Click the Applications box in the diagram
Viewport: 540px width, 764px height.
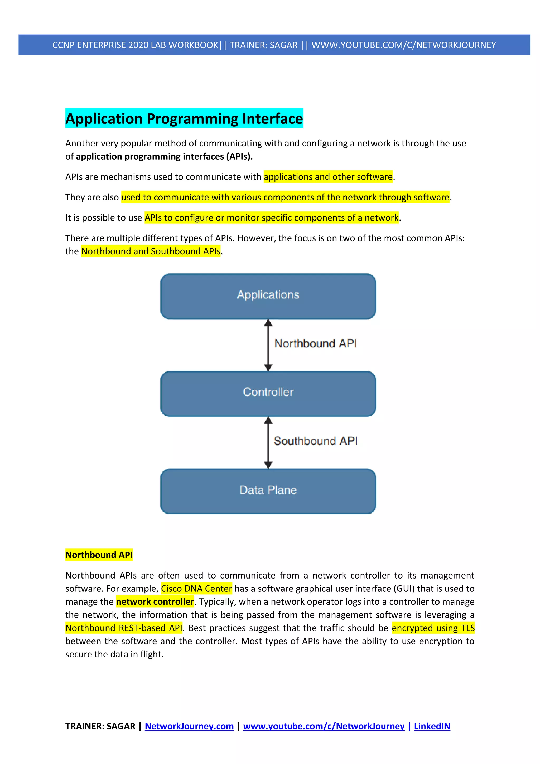(x=268, y=296)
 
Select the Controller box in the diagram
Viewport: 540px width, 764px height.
(x=268, y=394)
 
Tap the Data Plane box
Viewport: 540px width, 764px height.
(x=268, y=491)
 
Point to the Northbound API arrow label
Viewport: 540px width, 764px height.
(x=316, y=343)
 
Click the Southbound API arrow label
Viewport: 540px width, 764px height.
(x=316, y=441)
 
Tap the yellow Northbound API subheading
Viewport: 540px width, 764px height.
(x=99, y=555)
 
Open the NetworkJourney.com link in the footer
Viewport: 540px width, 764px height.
(x=189, y=726)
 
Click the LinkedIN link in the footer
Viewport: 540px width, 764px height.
(x=432, y=726)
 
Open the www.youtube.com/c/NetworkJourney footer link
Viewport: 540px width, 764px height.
(x=324, y=726)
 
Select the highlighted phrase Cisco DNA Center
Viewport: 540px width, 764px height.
(x=196, y=588)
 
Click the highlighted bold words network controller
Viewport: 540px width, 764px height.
(x=155, y=601)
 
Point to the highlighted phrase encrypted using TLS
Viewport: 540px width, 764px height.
(x=433, y=628)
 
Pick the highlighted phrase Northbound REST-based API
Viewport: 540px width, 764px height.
(x=124, y=628)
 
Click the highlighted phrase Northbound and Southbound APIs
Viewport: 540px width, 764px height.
(x=151, y=251)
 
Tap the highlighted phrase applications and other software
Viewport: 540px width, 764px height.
(x=328, y=177)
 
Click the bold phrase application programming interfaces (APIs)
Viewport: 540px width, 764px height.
(x=164, y=156)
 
